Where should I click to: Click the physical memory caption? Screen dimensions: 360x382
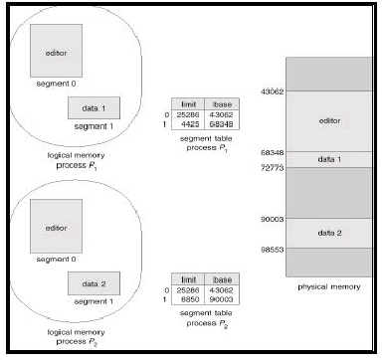327,287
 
